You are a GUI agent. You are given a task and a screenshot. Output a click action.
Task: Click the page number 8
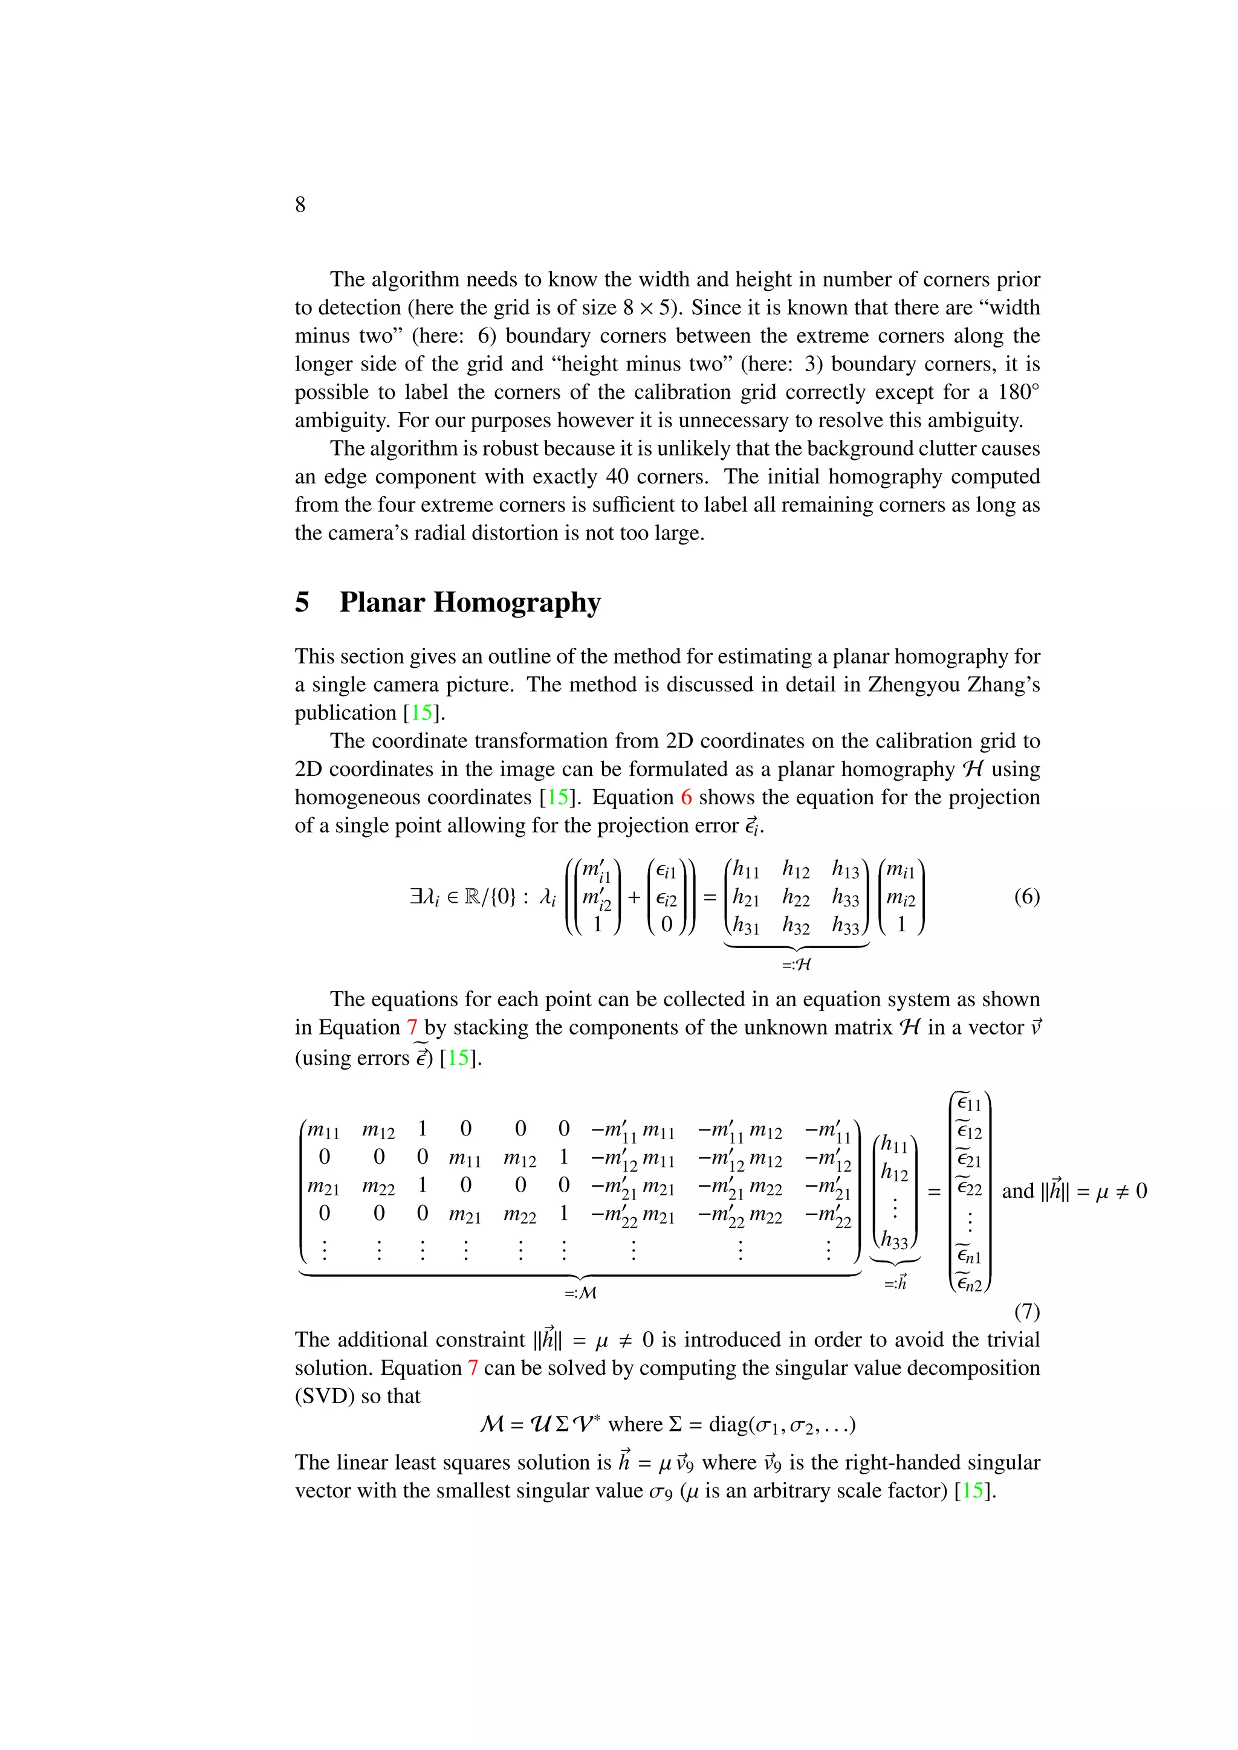tap(300, 204)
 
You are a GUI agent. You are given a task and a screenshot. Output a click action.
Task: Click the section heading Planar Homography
tap(470, 602)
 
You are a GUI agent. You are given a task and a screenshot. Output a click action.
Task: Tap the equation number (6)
tap(1026, 896)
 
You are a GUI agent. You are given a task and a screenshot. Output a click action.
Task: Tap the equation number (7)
tap(1026, 1311)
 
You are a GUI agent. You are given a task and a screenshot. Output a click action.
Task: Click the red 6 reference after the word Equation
tap(686, 797)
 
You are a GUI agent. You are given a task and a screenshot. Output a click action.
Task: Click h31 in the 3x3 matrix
tap(745, 926)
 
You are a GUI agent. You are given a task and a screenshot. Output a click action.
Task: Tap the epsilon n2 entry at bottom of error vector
tap(969, 1283)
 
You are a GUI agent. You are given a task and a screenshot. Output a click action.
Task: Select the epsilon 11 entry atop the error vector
tap(969, 1103)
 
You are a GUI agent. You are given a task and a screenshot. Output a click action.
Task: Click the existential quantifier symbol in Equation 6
tap(416, 897)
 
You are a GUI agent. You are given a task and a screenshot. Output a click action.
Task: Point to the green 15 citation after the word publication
tap(421, 712)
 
